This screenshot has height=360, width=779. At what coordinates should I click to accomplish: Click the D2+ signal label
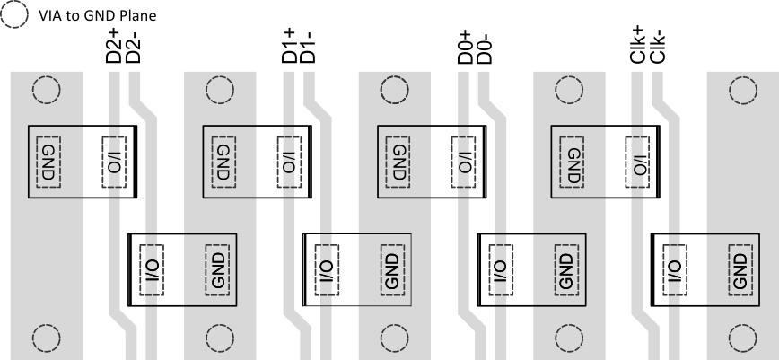(x=114, y=45)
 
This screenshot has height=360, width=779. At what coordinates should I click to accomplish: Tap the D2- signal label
(x=133, y=45)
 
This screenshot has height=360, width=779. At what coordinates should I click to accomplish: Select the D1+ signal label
(x=289, y=45)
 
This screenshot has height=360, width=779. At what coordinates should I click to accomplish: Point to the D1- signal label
(x=308, y=45)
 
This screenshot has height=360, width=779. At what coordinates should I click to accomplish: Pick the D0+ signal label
(x=464, y=45)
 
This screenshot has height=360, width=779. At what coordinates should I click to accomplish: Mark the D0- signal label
(x=483, y=45)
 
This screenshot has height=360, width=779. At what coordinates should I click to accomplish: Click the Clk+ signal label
(x=637, y=45)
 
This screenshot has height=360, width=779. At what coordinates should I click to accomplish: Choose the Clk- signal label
(x=657, y=45)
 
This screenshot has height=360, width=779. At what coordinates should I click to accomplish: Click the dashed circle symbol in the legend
(x=16, y=15)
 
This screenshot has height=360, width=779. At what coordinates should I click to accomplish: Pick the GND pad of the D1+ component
(x=223, y=162)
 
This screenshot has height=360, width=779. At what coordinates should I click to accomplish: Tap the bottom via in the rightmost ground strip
(x=742, y=338)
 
